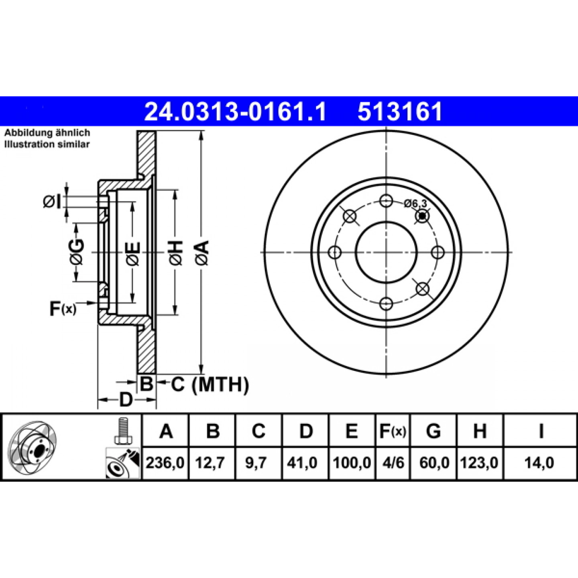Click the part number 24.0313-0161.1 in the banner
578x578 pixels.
click(235, 112)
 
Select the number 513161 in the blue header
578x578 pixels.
click(400, 112)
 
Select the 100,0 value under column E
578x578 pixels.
click(352, 463)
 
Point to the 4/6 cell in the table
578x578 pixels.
click(393, 463)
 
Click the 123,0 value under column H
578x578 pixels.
click(479, 463)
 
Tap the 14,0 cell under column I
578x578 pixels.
click(539, 463)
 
